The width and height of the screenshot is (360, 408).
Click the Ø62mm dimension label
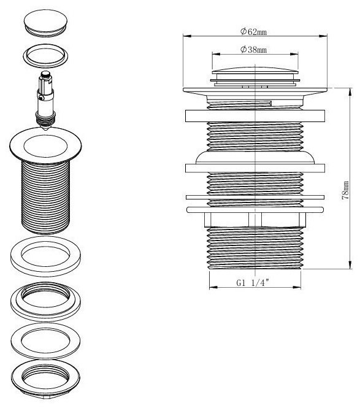click(x=253, y=32)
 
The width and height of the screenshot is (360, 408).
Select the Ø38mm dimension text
click(x=253, y=50)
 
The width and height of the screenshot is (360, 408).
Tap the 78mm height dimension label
click(x=345, y=190)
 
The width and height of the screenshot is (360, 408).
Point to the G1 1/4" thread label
click(x=253, y=283)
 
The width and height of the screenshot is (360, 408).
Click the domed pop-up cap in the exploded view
click(x=46, y=23)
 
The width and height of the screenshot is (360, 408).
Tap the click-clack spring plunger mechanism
click(x=46, y=101)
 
